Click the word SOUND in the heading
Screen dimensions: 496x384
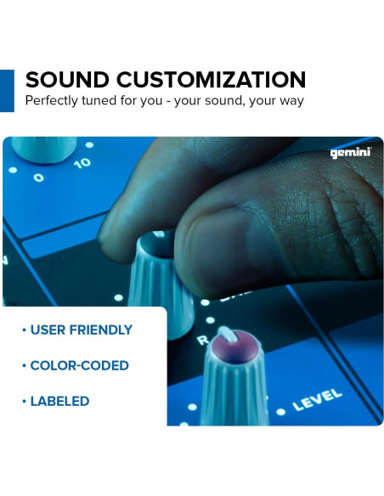(x=67, y=80)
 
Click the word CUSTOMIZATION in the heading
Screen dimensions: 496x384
(x=211, y=80)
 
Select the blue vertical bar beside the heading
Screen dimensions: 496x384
(x=7, y=90)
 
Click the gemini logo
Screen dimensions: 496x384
(x=350, y=153)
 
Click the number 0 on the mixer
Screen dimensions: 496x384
(x=38, y=178)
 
